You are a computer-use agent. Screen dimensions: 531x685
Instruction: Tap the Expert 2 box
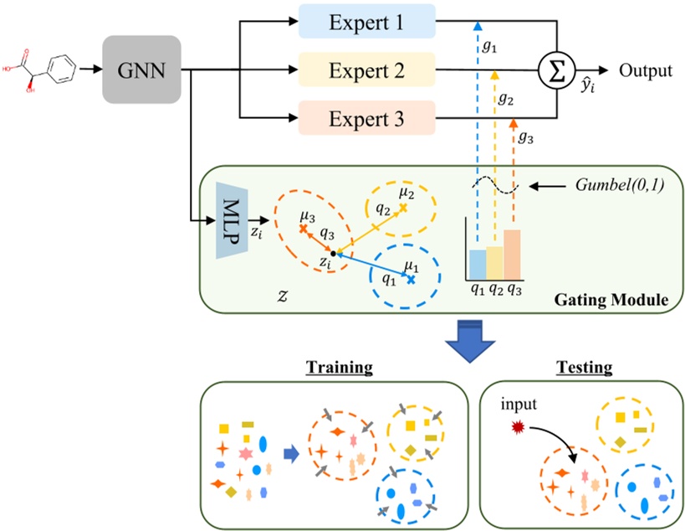click(x=366, y=70)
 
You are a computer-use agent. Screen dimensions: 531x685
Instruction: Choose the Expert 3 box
click(x=366, y=119)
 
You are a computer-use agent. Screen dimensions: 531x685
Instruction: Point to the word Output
click(x=645, y=70)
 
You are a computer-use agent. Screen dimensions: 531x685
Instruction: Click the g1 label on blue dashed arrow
click(x=489, y=49)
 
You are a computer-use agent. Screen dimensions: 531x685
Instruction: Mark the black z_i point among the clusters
click(x=333, y=252)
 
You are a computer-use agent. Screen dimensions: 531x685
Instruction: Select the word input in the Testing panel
click(x=519, y=406)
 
